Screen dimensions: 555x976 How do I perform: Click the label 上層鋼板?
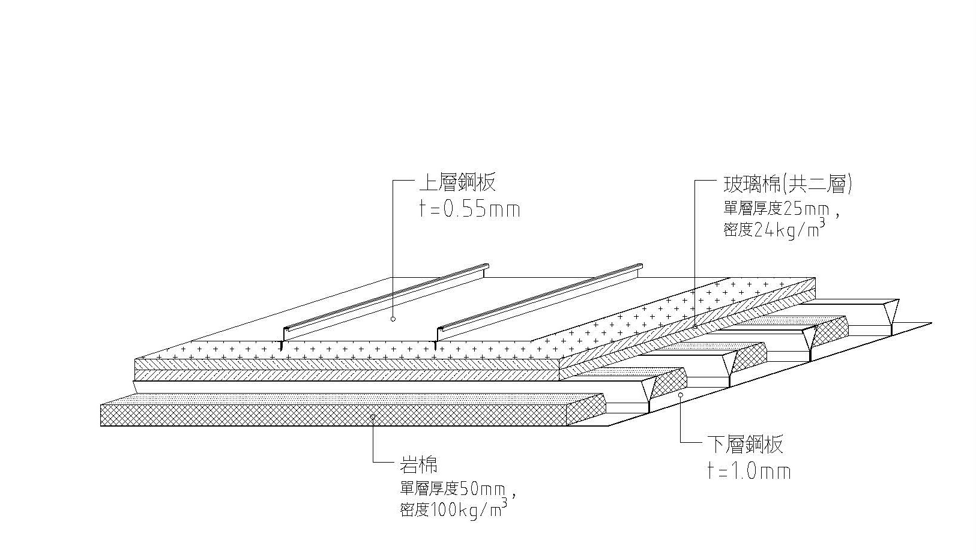click(x=457, y=182)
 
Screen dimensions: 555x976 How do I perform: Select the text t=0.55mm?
click(x=469, y=209)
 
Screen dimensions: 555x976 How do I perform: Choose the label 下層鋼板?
click(x=744, y=445)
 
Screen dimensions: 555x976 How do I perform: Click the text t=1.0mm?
click(x=749, y=472)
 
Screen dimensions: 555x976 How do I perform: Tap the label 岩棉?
click(x=419, y=464)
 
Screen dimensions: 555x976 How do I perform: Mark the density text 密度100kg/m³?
click(x=447, y=510)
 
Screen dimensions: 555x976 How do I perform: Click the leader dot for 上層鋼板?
click(x=393, y=319)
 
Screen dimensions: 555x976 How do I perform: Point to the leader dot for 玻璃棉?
click(x=695, y=326)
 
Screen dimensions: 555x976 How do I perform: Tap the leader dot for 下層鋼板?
click(x=680, y=395)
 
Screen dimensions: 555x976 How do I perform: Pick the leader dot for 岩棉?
click(x=373, y=416)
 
